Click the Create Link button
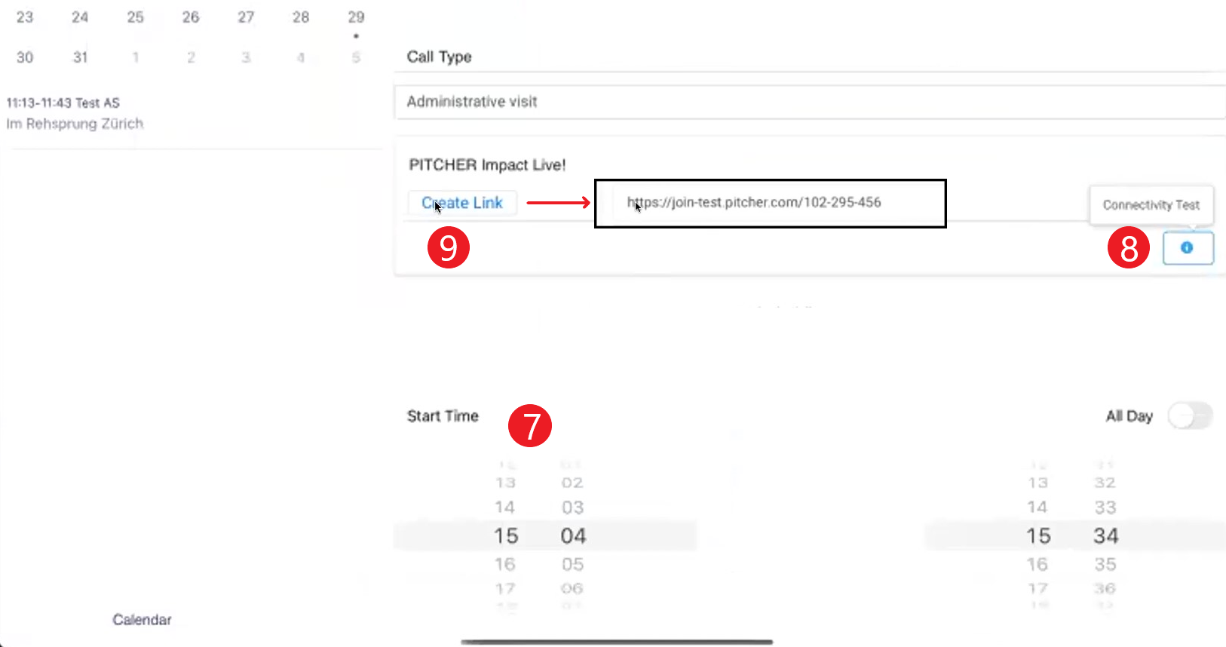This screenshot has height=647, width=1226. [462, 203]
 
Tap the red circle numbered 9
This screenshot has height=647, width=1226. [449, 247]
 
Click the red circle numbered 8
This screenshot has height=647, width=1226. [1129, 248]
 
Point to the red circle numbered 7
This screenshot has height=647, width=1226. [530, 425]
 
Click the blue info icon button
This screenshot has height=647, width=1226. [1188, 248]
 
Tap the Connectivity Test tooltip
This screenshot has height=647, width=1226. [1151, 205]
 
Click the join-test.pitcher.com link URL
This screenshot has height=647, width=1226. [754, 202]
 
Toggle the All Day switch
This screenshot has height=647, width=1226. [1190, 415]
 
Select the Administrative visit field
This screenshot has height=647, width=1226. [807, 102]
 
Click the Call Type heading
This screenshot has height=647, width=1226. [440, 57]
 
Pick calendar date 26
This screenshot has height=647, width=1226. [191, 17]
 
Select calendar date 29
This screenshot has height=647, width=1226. [356, 17]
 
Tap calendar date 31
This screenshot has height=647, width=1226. [80, 57]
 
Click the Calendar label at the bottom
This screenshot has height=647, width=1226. [142, 620]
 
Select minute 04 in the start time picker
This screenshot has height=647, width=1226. [573, 536]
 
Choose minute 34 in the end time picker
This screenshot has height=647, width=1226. [1105, 536]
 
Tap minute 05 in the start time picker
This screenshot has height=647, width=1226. [572, 564]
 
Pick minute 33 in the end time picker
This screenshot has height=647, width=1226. [1105, 507]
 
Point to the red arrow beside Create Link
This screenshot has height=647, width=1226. [558, 203]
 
